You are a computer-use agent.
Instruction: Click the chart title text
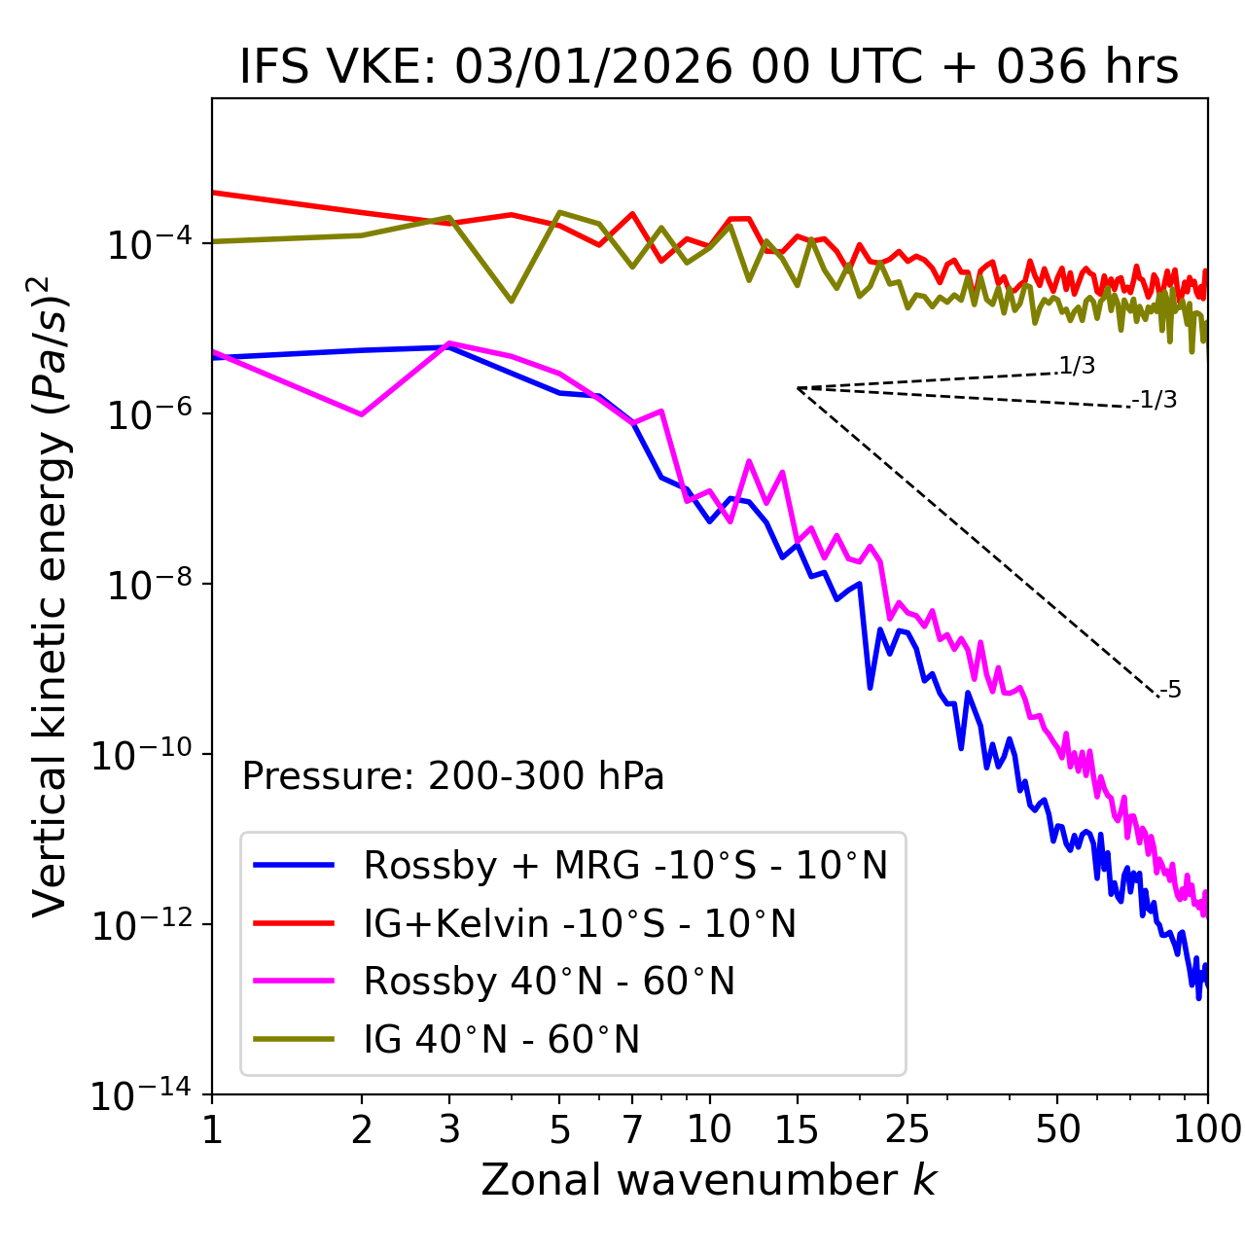click(x=709, y=67)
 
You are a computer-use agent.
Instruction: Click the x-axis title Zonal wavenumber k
click(x=709, y=1179)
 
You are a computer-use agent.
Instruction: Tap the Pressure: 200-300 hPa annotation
click(x=453, y=776)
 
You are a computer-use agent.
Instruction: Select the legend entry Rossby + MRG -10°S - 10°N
click(x=625, y=865)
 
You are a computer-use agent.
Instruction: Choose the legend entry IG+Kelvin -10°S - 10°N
click(x=580, y=923)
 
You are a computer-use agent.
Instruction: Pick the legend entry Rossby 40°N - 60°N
click(x=549, y=982)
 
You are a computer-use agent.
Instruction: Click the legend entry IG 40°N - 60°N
click(x=502, y=1040)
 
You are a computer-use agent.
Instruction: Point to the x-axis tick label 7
click(x=632, y=1128)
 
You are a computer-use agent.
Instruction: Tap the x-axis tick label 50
click(x=1057, y=1128)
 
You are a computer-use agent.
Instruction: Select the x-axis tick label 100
click(x=1206, y=1128)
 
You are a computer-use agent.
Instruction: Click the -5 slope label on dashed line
click(x=1170, y=691)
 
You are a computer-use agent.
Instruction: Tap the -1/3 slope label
click(x=1155, y=400)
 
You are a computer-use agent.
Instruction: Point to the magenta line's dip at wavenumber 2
click(x=362, y=414)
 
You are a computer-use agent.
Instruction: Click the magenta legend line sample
click(x=294, y=982)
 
